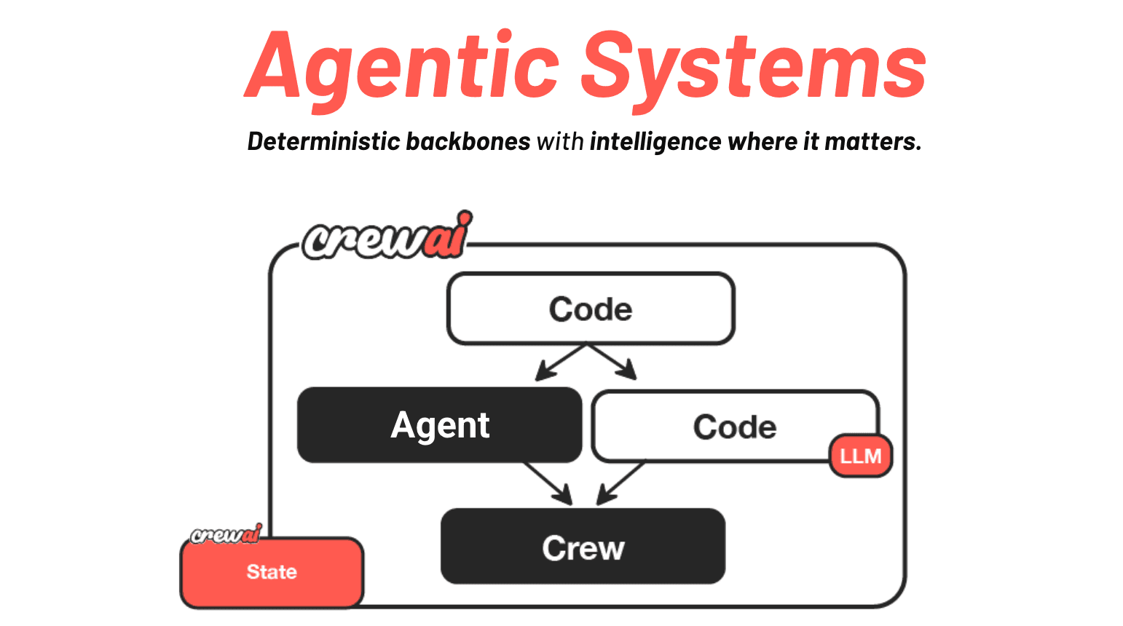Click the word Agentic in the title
[403, 68]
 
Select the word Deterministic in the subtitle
[324, 141]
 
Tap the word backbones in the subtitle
[468, 141]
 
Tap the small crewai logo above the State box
[225, 535]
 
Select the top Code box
[591, 309]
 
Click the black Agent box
[440, 425]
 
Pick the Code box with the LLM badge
[734, 427]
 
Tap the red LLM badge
[861, 456]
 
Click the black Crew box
[583, 547]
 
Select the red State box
[272, 572]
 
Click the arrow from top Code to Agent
[559, 362]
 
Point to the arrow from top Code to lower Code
[613, 362]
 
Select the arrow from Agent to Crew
[548, 483]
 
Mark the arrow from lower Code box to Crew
[620, 483]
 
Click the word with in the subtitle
[560, 141]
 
